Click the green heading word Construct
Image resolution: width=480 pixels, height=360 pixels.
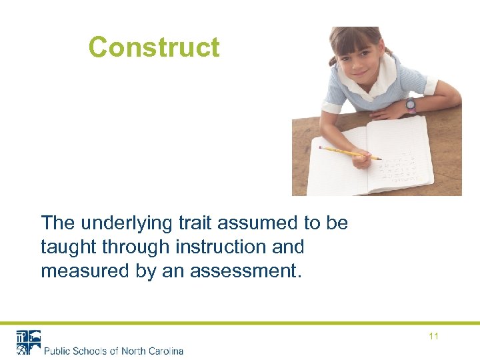(x=153, y=47)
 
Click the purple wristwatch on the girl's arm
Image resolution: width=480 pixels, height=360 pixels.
(x=410, y=104)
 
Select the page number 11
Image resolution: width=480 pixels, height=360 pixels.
(x=433, y=336)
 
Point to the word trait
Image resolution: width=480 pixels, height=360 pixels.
(x=199, y=223)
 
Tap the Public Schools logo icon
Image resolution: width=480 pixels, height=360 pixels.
(x=28, y=342)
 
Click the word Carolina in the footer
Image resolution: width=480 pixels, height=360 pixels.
(x=163, y=351)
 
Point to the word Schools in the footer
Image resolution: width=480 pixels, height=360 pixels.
(x=90, y=351)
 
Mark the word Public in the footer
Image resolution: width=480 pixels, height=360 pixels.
(x=58, y=351)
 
